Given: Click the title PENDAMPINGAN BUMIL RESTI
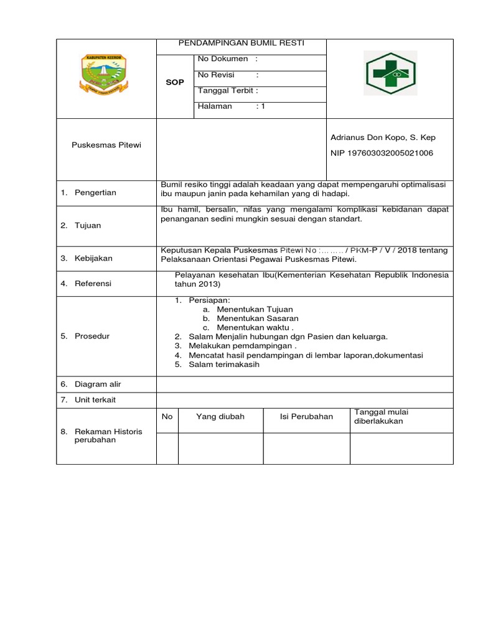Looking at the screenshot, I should tap(242, 44).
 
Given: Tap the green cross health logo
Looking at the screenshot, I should tap(390, 73).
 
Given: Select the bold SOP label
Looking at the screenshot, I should tap(175, 82).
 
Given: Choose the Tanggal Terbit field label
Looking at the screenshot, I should tap(228, 90).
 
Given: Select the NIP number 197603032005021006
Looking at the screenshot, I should tap(382, 152).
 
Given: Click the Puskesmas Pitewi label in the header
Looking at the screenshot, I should tap(106, 145).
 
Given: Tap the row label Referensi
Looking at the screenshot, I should tap(93, 283).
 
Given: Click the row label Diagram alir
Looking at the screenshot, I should tap(98, 384).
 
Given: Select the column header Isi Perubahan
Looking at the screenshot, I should tap(307, 417).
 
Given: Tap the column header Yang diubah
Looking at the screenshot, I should tap(220, 417).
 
